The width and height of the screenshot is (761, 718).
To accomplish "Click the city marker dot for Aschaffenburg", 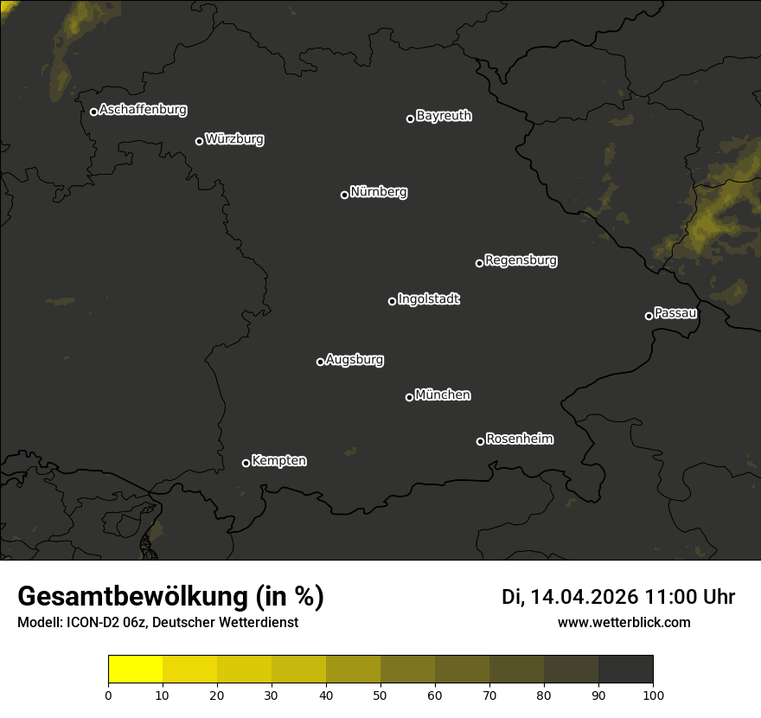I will tap(93, 112).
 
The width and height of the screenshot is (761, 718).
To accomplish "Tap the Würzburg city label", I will tap(234, 139).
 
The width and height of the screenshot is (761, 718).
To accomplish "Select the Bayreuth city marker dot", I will tap(411, 119).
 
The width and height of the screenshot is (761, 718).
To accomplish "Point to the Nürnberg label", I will tap(379, 192).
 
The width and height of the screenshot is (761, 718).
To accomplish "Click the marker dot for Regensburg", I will tap(479, 263).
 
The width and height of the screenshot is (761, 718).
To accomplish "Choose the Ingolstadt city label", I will tap(429, 299).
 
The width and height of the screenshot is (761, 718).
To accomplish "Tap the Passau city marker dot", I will tap(649, 316).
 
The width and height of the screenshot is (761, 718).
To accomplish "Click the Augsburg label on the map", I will tap(355, 360).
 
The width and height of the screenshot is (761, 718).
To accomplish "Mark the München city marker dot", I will tap(409, 398).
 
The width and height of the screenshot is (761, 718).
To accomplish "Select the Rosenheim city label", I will tap(520, 439).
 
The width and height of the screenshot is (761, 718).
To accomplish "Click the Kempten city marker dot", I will tap(246, 463).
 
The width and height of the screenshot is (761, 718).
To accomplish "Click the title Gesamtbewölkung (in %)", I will tap(170, 597).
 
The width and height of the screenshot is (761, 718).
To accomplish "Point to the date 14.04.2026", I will tap(584, 597).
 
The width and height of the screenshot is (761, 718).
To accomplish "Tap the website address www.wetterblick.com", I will tap(624, 622).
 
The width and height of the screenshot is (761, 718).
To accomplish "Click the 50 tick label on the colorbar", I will tap(380, 695).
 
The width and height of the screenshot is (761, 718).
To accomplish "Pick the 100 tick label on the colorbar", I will tap(653, 695).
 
